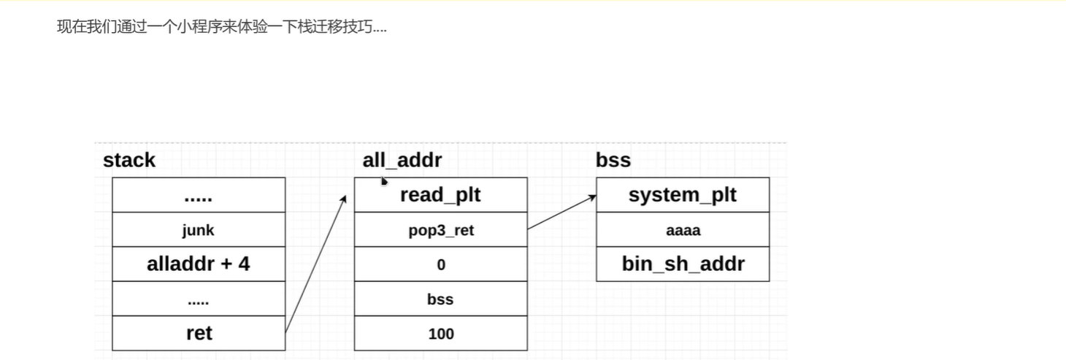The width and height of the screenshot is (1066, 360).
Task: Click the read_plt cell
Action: pos(441,195)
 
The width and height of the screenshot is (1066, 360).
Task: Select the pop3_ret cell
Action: pos(441,229)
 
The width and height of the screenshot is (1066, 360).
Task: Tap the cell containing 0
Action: pos(441,264)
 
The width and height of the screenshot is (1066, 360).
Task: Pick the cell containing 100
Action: pos(441,333)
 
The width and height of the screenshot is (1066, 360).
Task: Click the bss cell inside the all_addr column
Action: pos(441,299)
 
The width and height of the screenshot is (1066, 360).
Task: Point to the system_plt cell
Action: pos(683,195)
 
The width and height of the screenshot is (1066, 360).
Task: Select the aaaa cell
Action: pos(683,229)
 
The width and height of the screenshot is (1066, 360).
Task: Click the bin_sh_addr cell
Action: pos(683,264)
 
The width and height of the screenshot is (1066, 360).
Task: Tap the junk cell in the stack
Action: pos(199,229)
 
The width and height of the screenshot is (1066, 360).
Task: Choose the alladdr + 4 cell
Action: pos(199,264)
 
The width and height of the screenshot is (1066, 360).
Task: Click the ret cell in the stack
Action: pos(199,333)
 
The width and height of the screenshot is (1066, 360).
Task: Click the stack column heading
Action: pos(129,160)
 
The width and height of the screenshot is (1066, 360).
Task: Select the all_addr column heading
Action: pos(402,160)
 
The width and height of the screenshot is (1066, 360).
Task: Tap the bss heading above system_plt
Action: pos(613,160)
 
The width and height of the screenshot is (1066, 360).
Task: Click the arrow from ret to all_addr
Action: pos(315,264)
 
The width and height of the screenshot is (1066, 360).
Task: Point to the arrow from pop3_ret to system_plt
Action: pos(561,212)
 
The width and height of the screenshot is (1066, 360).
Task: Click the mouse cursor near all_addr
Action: pos(384,180)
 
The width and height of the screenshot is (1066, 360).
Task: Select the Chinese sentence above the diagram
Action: pos(222,27)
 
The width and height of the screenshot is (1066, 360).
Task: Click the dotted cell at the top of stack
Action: pos(199,195)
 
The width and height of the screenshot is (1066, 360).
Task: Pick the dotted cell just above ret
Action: pos(199,299)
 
